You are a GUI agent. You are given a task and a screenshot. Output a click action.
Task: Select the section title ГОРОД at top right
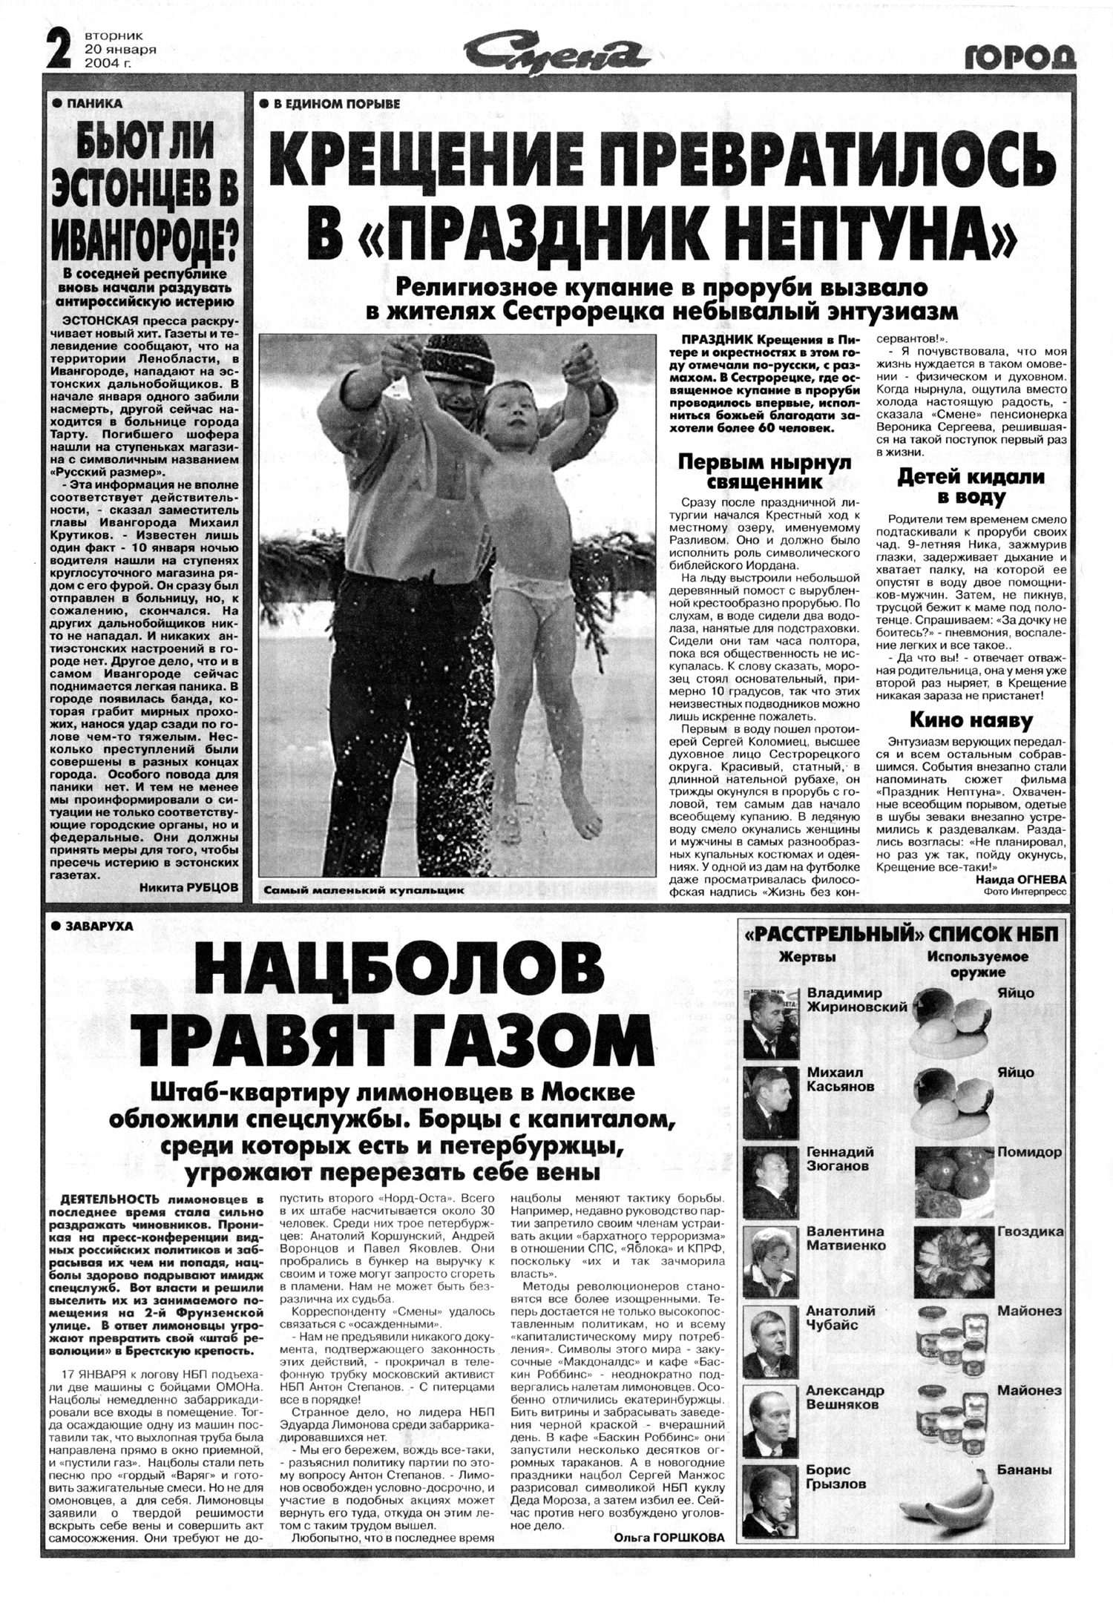1021,57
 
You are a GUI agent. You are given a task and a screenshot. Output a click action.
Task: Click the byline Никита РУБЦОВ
189,887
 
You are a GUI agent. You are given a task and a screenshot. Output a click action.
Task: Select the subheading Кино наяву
971,720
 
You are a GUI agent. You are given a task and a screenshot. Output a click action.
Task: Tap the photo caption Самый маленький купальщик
364,890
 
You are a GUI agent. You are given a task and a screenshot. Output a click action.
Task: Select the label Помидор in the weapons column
1029,1153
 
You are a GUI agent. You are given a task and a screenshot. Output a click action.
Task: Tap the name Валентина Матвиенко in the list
846,1239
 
